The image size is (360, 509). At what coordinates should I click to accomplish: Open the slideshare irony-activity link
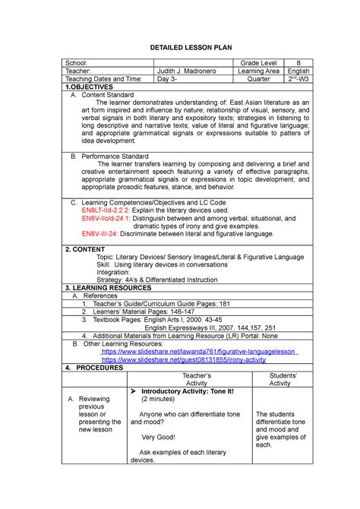click(x=184, y=359)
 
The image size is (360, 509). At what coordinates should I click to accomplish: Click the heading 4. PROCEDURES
click(x=94, y=368)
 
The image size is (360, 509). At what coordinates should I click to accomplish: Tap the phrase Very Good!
click(x=158, y=437)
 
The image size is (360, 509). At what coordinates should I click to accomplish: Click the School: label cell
click(x=78, y=59)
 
